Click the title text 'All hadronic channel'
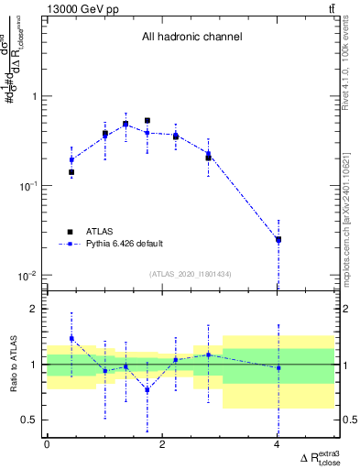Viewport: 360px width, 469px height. tap(191, 38)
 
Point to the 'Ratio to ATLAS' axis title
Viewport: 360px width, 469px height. tap(12, 365)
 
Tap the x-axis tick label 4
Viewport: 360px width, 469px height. tap(277, 444)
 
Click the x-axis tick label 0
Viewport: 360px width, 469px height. tap(47, 444)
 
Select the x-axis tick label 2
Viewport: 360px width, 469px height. tap(162, 444)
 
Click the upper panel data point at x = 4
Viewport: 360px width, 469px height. tap(278, 240)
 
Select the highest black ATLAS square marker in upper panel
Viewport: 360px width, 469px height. tap(147, 120)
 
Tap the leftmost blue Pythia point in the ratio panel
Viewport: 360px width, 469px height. tap(71, 338)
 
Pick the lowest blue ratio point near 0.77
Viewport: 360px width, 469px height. tap(147, 389)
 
